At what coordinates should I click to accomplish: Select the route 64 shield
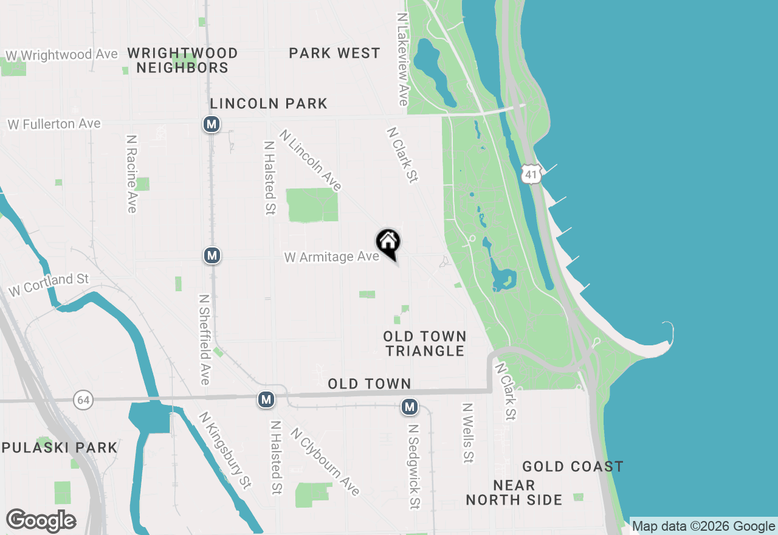(83, 399)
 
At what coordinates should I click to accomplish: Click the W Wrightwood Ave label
(61, 55)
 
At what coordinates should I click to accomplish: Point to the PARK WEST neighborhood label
(334, 53)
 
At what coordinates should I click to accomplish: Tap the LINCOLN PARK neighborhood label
(269, 103)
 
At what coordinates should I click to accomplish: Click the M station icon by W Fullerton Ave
(211, 125)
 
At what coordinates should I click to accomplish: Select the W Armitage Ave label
(332, 257)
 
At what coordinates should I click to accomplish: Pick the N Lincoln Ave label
(311, 160)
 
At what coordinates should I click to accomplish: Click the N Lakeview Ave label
(402, 60)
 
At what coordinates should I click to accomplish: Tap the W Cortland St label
(49, 285)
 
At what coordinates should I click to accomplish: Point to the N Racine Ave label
(131, 174)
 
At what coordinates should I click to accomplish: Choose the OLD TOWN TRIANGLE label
(425, 343)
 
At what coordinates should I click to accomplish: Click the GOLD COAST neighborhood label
(573, 466)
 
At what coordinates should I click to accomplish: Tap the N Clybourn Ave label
(325, 461)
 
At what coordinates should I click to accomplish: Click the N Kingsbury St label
(225, 450)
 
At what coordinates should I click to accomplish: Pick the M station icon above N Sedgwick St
(410, 407)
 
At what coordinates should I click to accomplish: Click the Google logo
(41, 520)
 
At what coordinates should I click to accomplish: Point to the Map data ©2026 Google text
(703, 526)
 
